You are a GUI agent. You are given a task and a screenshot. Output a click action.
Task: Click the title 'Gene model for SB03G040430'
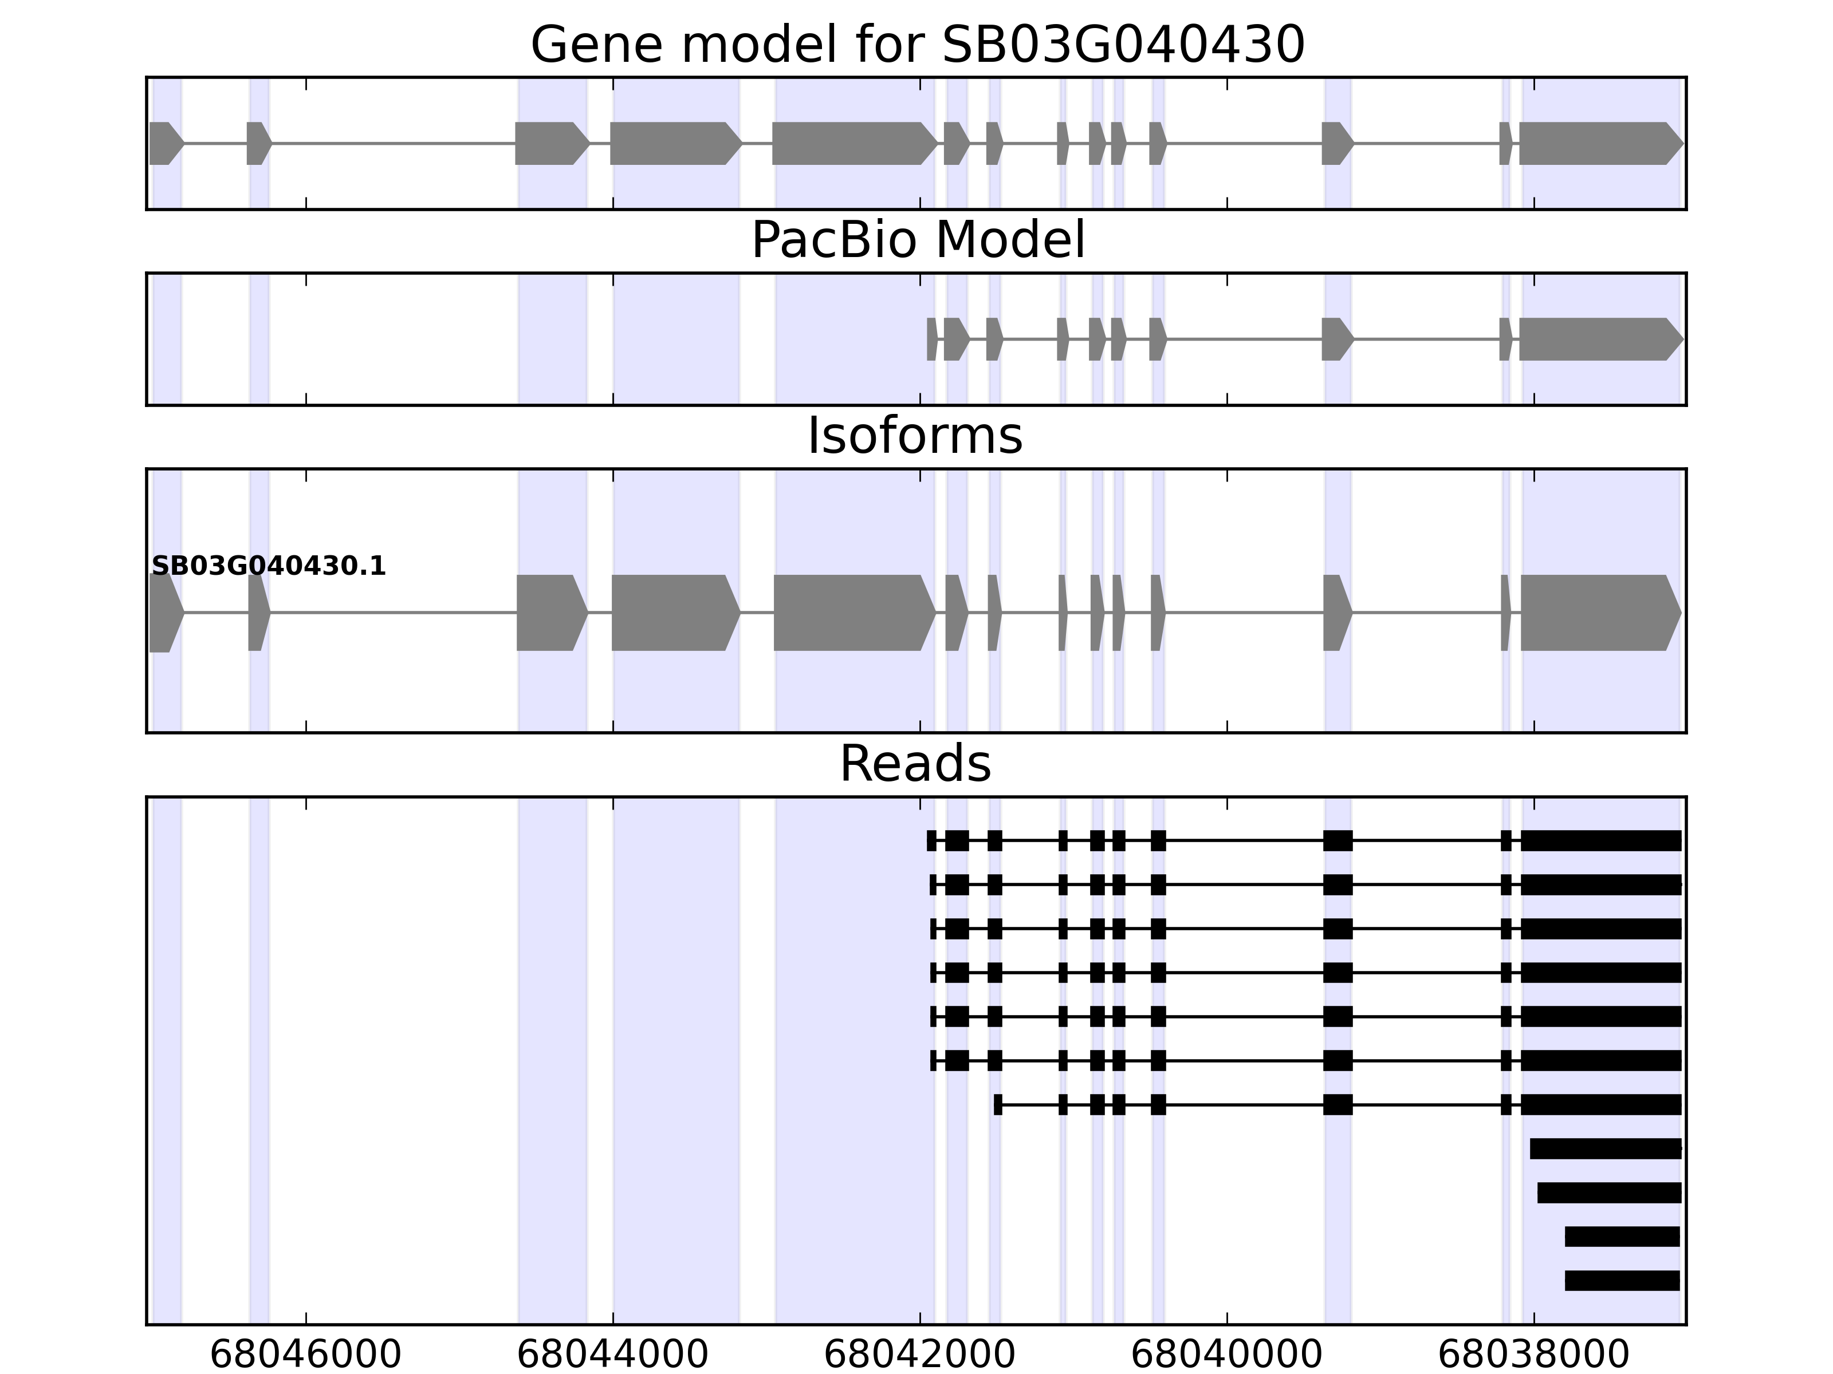point(917,45)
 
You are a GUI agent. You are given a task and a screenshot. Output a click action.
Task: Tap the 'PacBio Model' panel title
point(917,240)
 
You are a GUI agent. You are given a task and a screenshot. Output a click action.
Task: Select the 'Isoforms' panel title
point(915,436)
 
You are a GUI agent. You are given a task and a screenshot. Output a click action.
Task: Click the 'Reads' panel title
point(915,764)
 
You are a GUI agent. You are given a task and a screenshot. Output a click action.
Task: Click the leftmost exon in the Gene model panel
point(164,143)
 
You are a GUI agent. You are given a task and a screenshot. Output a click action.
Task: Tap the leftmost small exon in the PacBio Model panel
point(932,339)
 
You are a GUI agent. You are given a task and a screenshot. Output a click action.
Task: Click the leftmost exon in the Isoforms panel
point(164,613)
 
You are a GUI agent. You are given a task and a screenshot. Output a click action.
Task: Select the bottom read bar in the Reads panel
point(1622,1281)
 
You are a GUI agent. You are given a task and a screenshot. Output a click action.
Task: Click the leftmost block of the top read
point(931,840)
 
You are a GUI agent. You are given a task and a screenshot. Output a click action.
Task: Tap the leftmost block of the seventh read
point(998,1104)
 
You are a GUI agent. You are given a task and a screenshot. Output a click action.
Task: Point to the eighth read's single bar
point(1605,1149)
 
